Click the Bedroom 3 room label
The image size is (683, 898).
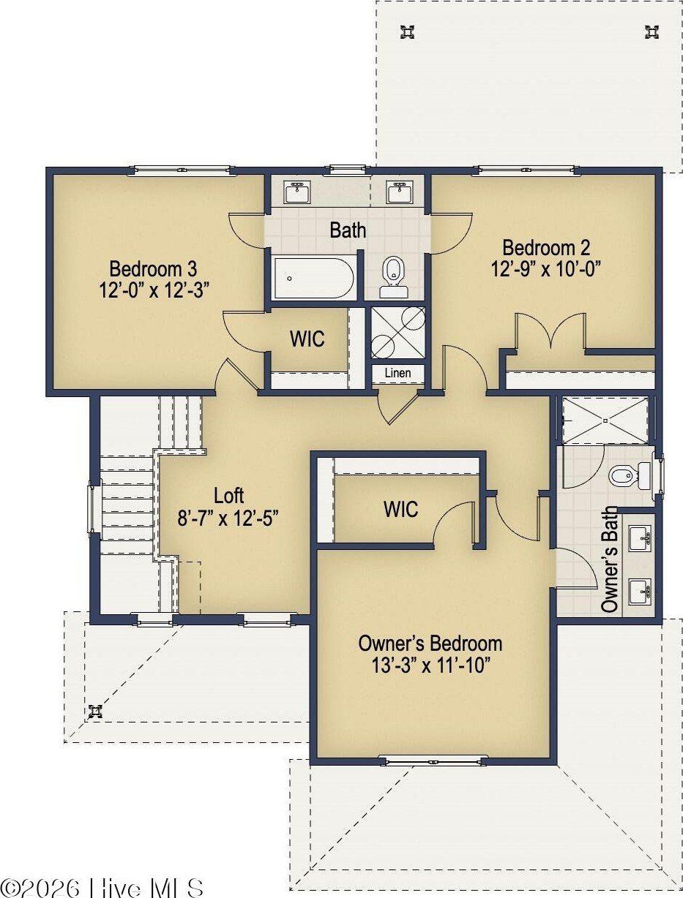coord(153,269)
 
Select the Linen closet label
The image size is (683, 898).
coord(398,373)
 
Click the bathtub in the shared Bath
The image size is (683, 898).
coord(313,278)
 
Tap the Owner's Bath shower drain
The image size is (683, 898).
coord(605,420)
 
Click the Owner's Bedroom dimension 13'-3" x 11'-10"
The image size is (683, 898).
coord(430,665)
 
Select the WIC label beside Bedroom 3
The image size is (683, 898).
coord(307,339)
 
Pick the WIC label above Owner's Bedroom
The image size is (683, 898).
coord(401,510)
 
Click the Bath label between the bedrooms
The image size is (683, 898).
coord(348,230)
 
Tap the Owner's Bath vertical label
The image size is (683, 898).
coord(610,559)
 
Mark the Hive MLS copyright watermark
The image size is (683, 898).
coord(102,886)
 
